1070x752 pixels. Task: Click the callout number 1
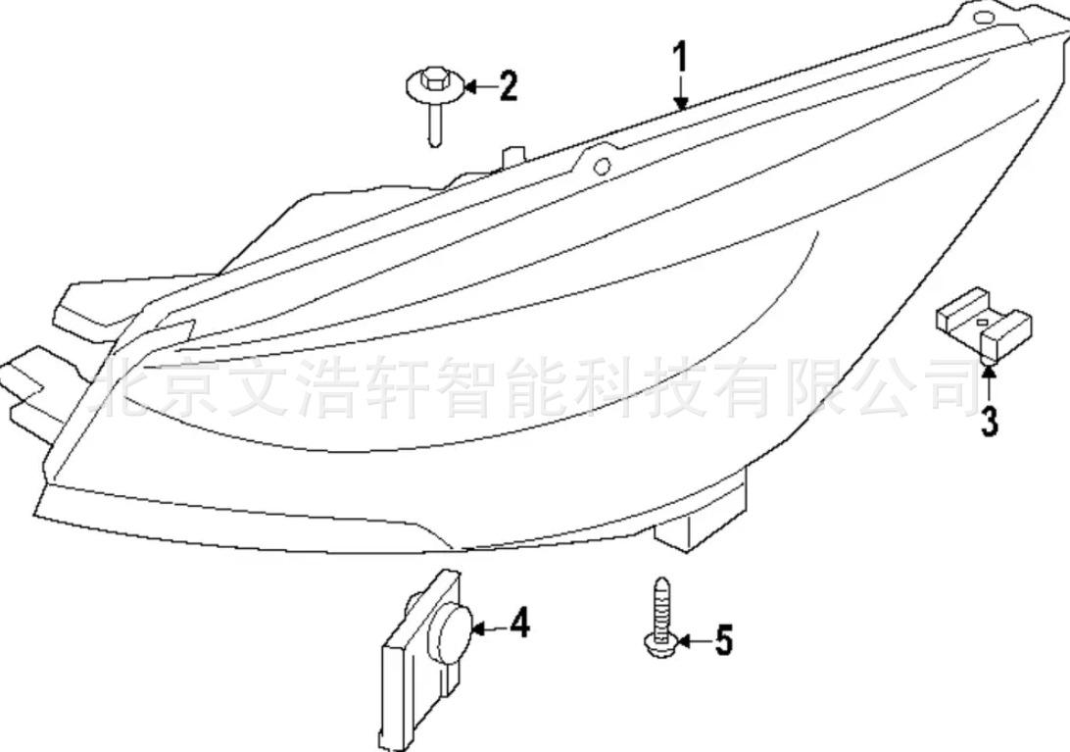pyautogui.click(x=681, y=59)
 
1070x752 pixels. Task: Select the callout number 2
pyautogui.click(x=508, y=86)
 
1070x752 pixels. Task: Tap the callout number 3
pyautogui.click(x=989, y=420)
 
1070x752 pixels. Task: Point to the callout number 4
pyautogui.click(x=520, y=624)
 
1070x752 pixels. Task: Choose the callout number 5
pyautogui.click(x=724, y=640)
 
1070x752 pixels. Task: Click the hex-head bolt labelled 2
pyautogui.click(x=434, y=102)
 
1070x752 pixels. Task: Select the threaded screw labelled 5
pyautogui.click(x=660, y=618)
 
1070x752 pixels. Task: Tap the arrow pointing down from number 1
pyautogui.click(x=681, y=93)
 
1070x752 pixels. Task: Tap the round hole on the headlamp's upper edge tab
pyautogui.click(x=602, y=166)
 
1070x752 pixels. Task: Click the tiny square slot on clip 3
pyautogui.click(x=982, y=321)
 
